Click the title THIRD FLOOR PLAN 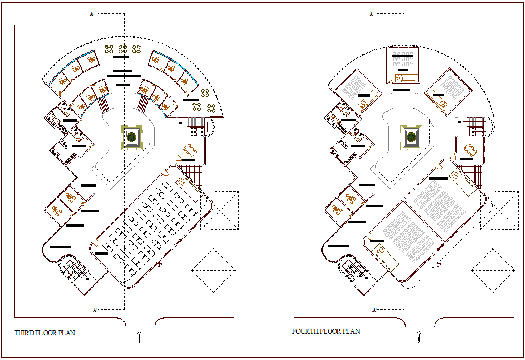pos(44,333)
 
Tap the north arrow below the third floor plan pos(139,336)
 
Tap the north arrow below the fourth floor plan pos(418,336)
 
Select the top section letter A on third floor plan pos(91,14)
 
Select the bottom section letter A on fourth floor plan pos(374,310)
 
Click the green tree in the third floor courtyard pos(132,136)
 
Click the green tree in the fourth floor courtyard pos(411,136)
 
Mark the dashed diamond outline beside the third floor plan pos(214,271)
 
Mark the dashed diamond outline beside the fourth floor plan pos(492,271)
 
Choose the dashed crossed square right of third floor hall pos(219,211)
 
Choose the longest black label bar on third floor pos(123,75)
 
